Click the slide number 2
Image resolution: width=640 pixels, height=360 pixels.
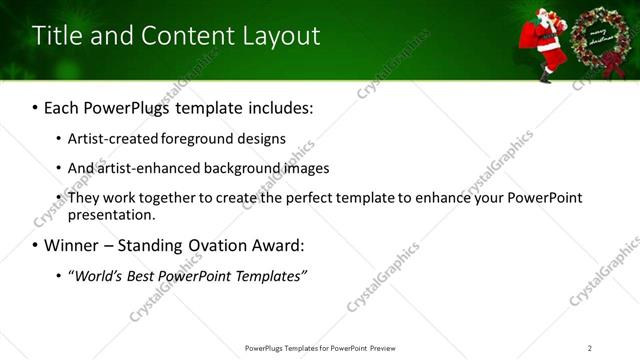[x=590, y=348]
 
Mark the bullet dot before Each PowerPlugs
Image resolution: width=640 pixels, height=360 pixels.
[x=36, y=106]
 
